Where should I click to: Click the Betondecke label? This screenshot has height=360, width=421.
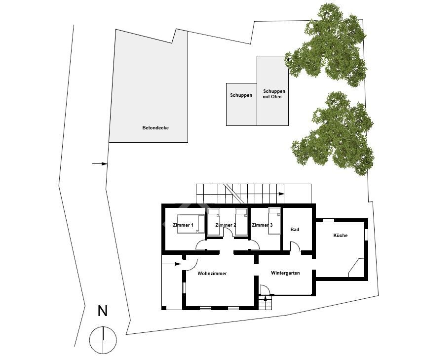[x=155, y=128]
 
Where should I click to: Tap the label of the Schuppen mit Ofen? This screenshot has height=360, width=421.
[x=273, y=94]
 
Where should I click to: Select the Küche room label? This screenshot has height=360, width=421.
[x=340, y=236]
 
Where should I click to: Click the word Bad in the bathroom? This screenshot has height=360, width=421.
[x=295, y=230]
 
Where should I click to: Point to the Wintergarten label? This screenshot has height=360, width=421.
[x=285, y=273]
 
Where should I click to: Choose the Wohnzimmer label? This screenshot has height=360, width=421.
[x=212, y=274]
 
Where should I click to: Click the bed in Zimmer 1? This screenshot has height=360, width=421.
[x=191, y=224]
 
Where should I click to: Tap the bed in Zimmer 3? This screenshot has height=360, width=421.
[x=274, y=221]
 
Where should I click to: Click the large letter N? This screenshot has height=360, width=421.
[x=103, y=311]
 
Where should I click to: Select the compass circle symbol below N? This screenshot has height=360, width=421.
[x=103, y=340]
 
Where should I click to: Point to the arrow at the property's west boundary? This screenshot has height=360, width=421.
[x=100, y=163]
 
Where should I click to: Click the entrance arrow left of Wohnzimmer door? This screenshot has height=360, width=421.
[x=171, y=264]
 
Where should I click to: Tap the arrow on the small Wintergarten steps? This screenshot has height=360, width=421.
[x=266, y=298]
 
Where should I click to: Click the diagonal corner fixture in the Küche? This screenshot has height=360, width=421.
[x=356, y=268]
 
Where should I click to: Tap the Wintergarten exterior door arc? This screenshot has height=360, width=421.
[x=266, y=289]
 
